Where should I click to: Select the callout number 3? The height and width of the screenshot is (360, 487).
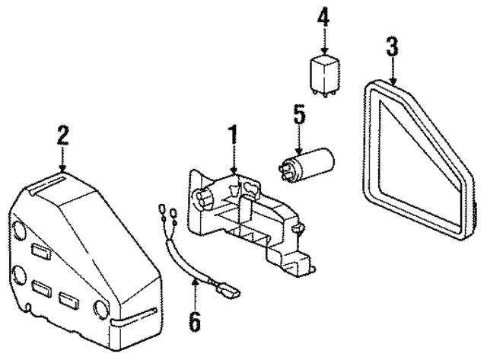coord(392,48)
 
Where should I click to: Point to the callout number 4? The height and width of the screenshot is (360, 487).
coord(323,17)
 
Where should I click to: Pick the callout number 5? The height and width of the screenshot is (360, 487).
coord(299,116)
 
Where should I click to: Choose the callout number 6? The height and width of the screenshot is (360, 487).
coord(195,322)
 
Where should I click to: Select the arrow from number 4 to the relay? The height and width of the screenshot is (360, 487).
coord(323,40)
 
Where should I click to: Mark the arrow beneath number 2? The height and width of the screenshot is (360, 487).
coord(62,158)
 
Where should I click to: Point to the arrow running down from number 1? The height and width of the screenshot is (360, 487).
coord(234,160)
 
